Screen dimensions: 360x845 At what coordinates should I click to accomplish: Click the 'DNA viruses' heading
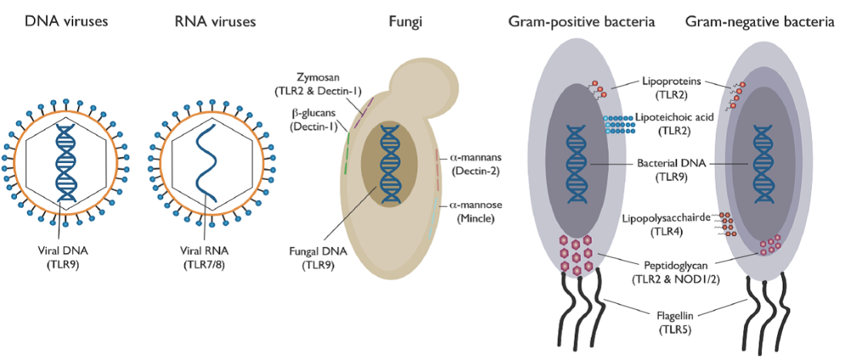(x=66, y=22)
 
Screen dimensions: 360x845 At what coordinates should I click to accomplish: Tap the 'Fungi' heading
(x=403, y=22)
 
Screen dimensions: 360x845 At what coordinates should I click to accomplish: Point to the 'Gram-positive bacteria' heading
(x=581, y=22)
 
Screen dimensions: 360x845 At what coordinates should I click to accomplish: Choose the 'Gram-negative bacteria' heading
(x=760, y=22)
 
